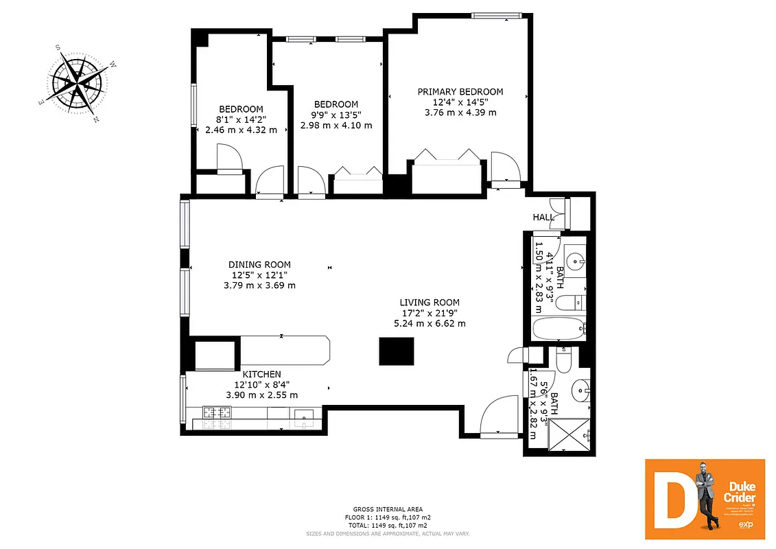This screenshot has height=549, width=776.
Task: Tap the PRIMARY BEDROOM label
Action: point(460,92)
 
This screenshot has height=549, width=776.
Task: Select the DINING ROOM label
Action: point(259,264)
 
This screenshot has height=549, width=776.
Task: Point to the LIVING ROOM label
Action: point(430,302)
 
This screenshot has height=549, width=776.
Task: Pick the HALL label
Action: point(543,218)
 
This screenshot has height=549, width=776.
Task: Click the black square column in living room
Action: point(397,351)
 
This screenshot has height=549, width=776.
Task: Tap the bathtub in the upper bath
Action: point(559,329)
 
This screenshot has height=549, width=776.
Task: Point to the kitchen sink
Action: point(303,414)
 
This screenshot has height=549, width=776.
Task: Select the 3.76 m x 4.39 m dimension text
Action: point(460,113)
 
